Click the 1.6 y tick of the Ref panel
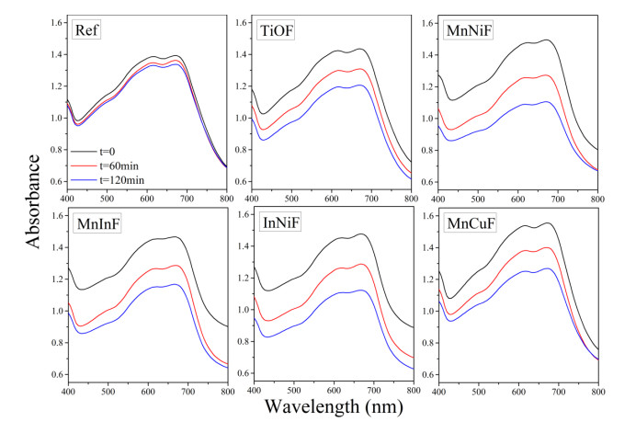point(58,22)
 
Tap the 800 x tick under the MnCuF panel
point(596,392)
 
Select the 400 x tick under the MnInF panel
point(68,392)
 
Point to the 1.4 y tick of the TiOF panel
point(242,54)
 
